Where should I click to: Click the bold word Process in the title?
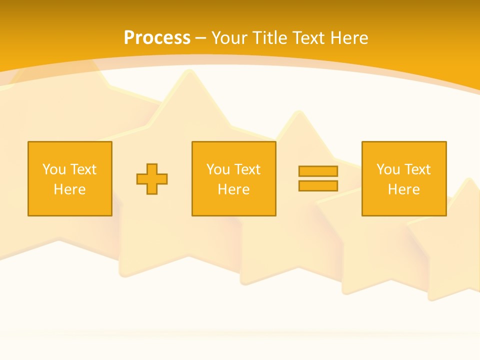[157, 38]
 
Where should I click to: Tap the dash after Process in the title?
[200, 38]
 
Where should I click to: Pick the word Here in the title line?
[350, 38]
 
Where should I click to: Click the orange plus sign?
[152, 178]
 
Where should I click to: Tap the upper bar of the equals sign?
[318, 171]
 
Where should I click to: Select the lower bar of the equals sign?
[318, 185]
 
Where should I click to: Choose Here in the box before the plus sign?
[69, 189]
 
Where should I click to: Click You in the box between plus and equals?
[218, 169]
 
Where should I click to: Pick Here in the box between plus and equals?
[233, 189]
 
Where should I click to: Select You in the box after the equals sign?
[388, 169]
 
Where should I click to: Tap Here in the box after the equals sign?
[403, 189]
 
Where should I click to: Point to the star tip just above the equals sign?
[300, 113]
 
